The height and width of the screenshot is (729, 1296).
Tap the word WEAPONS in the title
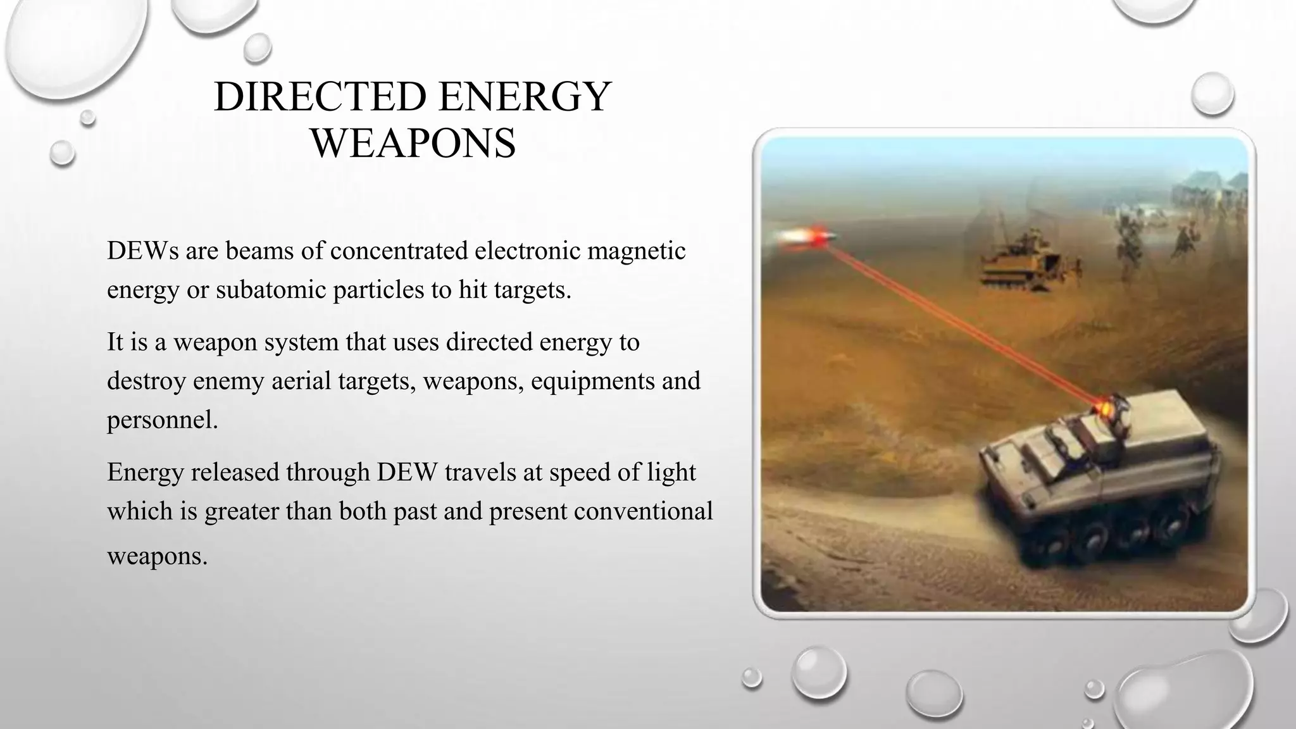[413, 143]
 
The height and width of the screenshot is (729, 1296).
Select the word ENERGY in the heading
[524, 97]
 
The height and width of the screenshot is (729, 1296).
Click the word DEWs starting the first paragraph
[142, 251]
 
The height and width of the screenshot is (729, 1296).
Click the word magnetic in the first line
[636, 251]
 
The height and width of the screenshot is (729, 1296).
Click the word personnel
[162, 420]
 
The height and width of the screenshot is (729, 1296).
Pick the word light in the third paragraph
[672, 472]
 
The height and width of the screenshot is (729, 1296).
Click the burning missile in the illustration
[807, 237]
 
